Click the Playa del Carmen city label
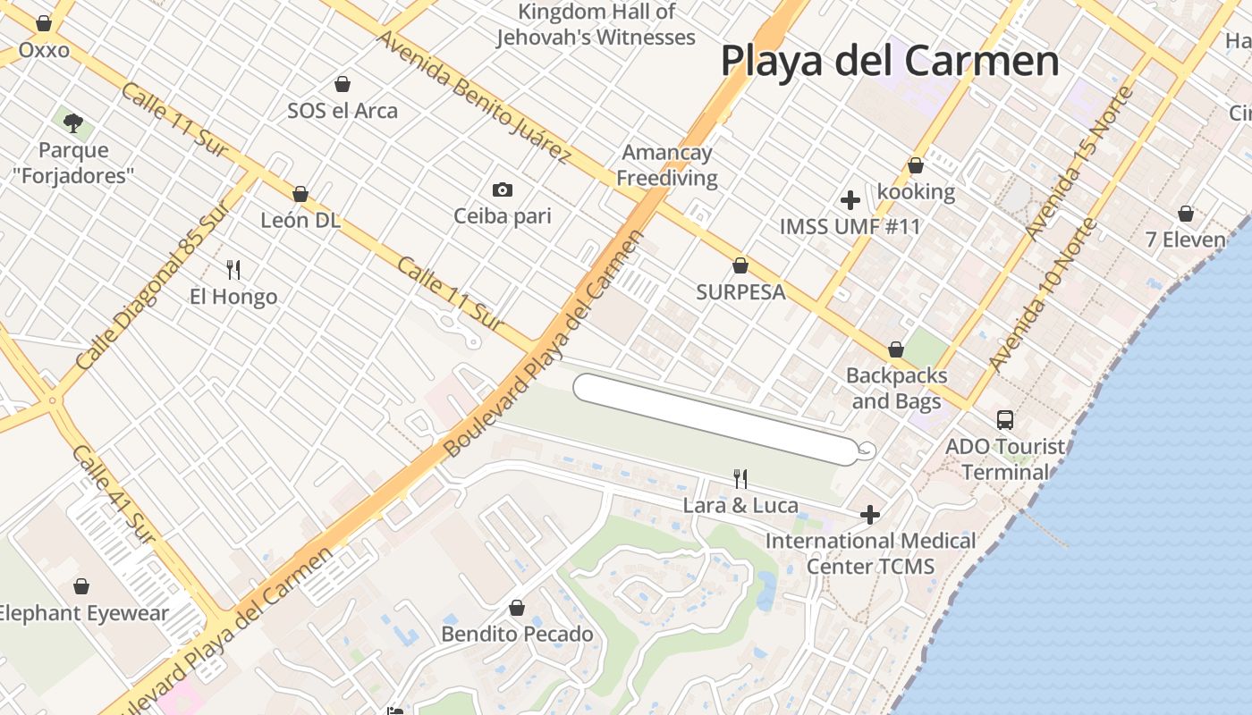(889, 62)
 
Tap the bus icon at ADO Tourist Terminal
(1005, 419)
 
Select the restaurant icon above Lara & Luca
(740, 479)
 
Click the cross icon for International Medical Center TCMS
(869, 515)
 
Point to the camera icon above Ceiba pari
(503, 189)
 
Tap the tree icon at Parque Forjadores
(73, 122)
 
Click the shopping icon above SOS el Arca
(342, 84)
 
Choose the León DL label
(300, 220)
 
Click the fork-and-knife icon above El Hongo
(233, 269)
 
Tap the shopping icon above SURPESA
(740, 265)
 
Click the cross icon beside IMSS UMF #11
(850, 200)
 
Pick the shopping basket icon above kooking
(915, 165)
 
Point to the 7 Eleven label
(1185, 240)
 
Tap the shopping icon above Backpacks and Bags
(895, 349)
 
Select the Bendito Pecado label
(517, 634)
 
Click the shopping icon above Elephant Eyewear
(81, 586)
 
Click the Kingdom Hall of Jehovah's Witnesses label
(596, 24)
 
